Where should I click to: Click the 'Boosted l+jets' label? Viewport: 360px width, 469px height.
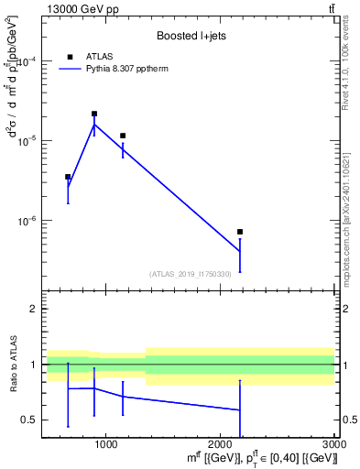190,37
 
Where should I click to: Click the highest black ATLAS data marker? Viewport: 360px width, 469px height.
94,114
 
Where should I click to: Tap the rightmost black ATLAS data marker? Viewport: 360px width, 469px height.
240,232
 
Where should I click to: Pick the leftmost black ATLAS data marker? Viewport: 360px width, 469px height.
68,177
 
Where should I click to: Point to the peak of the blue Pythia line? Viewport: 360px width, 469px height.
94,124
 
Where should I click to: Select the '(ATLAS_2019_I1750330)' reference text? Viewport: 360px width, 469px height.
190,274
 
